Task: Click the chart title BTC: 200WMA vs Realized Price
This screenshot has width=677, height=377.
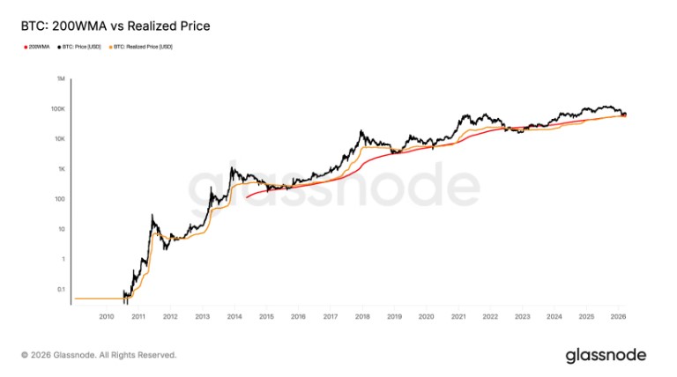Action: point(115,26)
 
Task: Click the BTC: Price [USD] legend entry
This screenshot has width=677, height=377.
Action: point(82,47)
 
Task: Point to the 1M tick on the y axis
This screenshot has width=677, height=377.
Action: point(61,79)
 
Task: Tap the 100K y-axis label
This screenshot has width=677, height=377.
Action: point(59,109)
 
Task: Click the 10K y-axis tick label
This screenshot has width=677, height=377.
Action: point(60,139)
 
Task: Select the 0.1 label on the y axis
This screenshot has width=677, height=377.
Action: point(60,289)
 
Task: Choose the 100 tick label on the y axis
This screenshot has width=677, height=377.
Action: point(60,199)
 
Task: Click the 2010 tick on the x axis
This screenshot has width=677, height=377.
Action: point(107,316)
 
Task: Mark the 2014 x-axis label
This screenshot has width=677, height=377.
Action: point(234,316)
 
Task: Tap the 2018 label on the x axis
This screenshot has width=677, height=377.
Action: point(361,316)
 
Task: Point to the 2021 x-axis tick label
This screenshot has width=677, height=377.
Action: point(458,316)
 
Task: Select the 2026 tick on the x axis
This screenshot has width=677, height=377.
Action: point(617,316)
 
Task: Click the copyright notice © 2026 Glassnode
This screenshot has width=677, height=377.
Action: point(99,355)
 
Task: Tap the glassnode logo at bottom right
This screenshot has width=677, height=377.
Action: point(606,354)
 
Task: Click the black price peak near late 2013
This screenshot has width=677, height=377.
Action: point(231,168)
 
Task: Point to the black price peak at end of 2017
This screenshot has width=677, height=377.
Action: point(361,131)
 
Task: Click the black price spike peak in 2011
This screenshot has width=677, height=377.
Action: point(153,214)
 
